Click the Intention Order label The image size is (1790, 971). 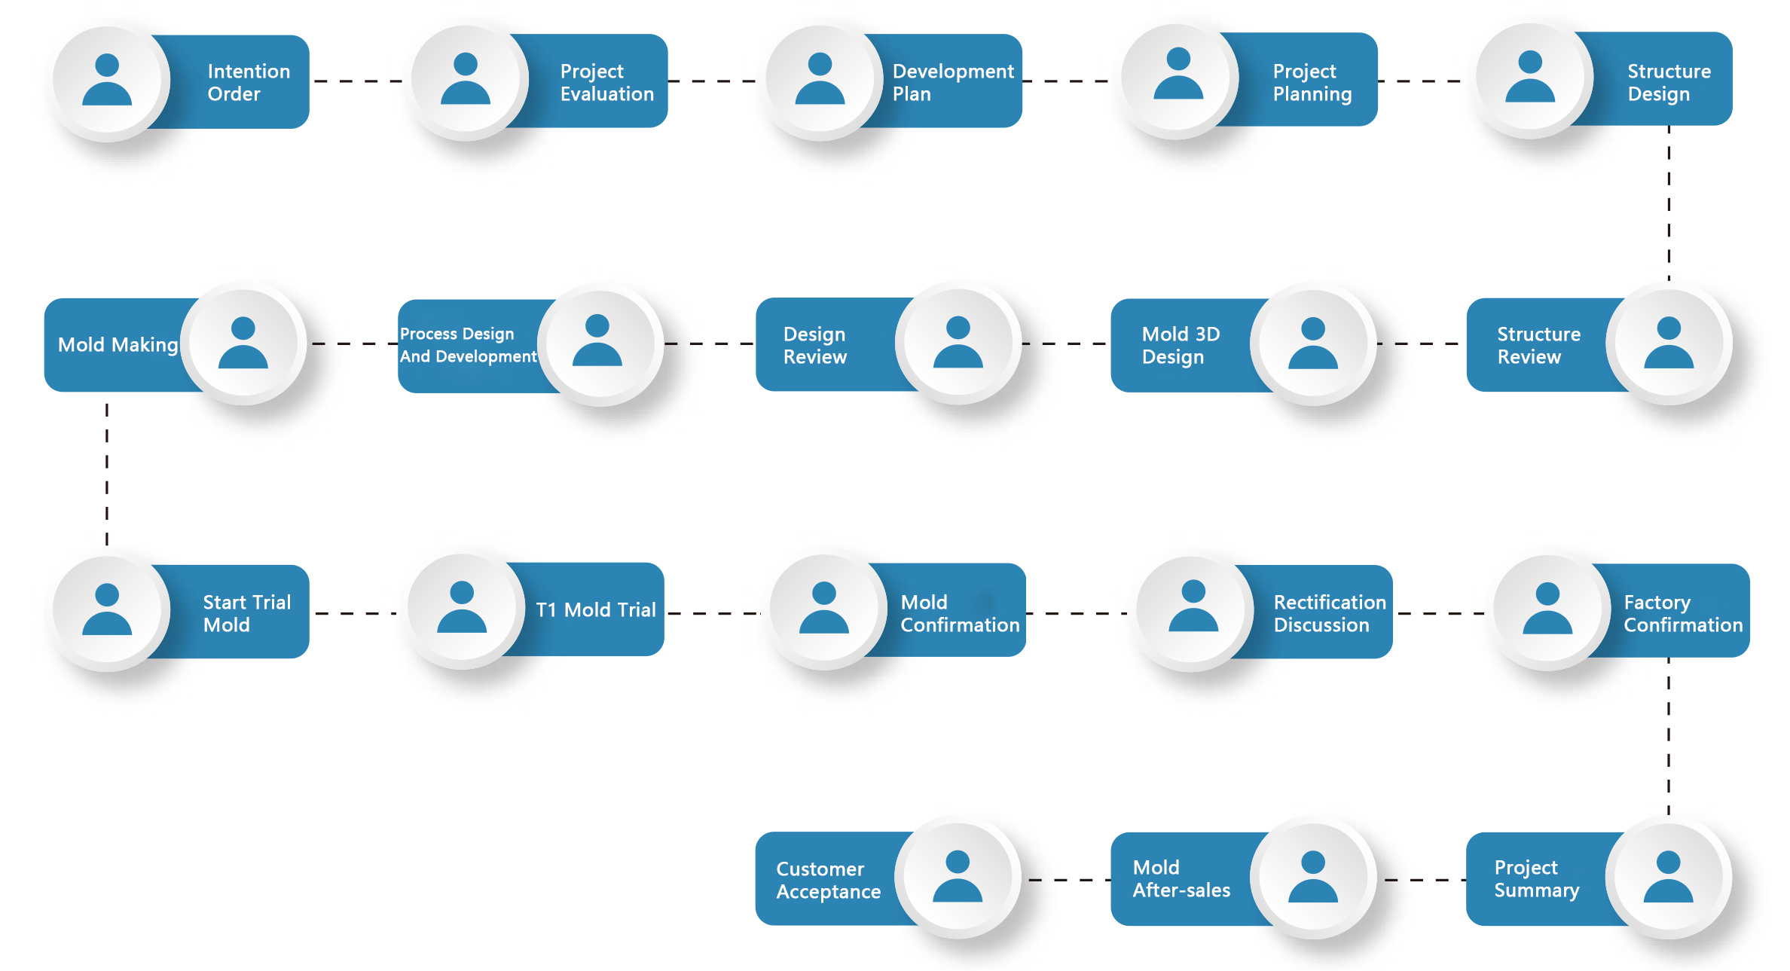point(249,82)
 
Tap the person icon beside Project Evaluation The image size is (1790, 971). point(466,78)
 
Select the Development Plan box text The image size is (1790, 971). point(953,82)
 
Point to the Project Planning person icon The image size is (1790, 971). point(1178,73)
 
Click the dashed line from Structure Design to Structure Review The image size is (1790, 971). point(1669,203)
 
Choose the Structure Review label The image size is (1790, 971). point(1538,345)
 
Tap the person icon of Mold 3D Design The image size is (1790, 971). point(1313,343)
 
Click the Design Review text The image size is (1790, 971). point(814,345)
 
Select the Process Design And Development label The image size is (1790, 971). point(468,345)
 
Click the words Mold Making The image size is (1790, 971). point(118,345)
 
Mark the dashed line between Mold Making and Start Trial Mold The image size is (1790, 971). point(107,475)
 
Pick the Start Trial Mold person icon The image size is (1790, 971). point(107,609)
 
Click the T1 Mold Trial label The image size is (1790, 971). point(596,609)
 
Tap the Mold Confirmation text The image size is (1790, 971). point(960,613)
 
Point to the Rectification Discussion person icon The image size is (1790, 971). point(1193,605)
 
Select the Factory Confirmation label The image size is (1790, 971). point(1683,613)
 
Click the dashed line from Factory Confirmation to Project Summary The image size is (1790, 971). point(1669,736)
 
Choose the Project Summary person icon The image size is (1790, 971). point(1668,876)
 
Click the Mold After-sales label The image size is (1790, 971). point(1181,878)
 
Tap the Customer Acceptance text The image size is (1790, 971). point(828,880)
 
